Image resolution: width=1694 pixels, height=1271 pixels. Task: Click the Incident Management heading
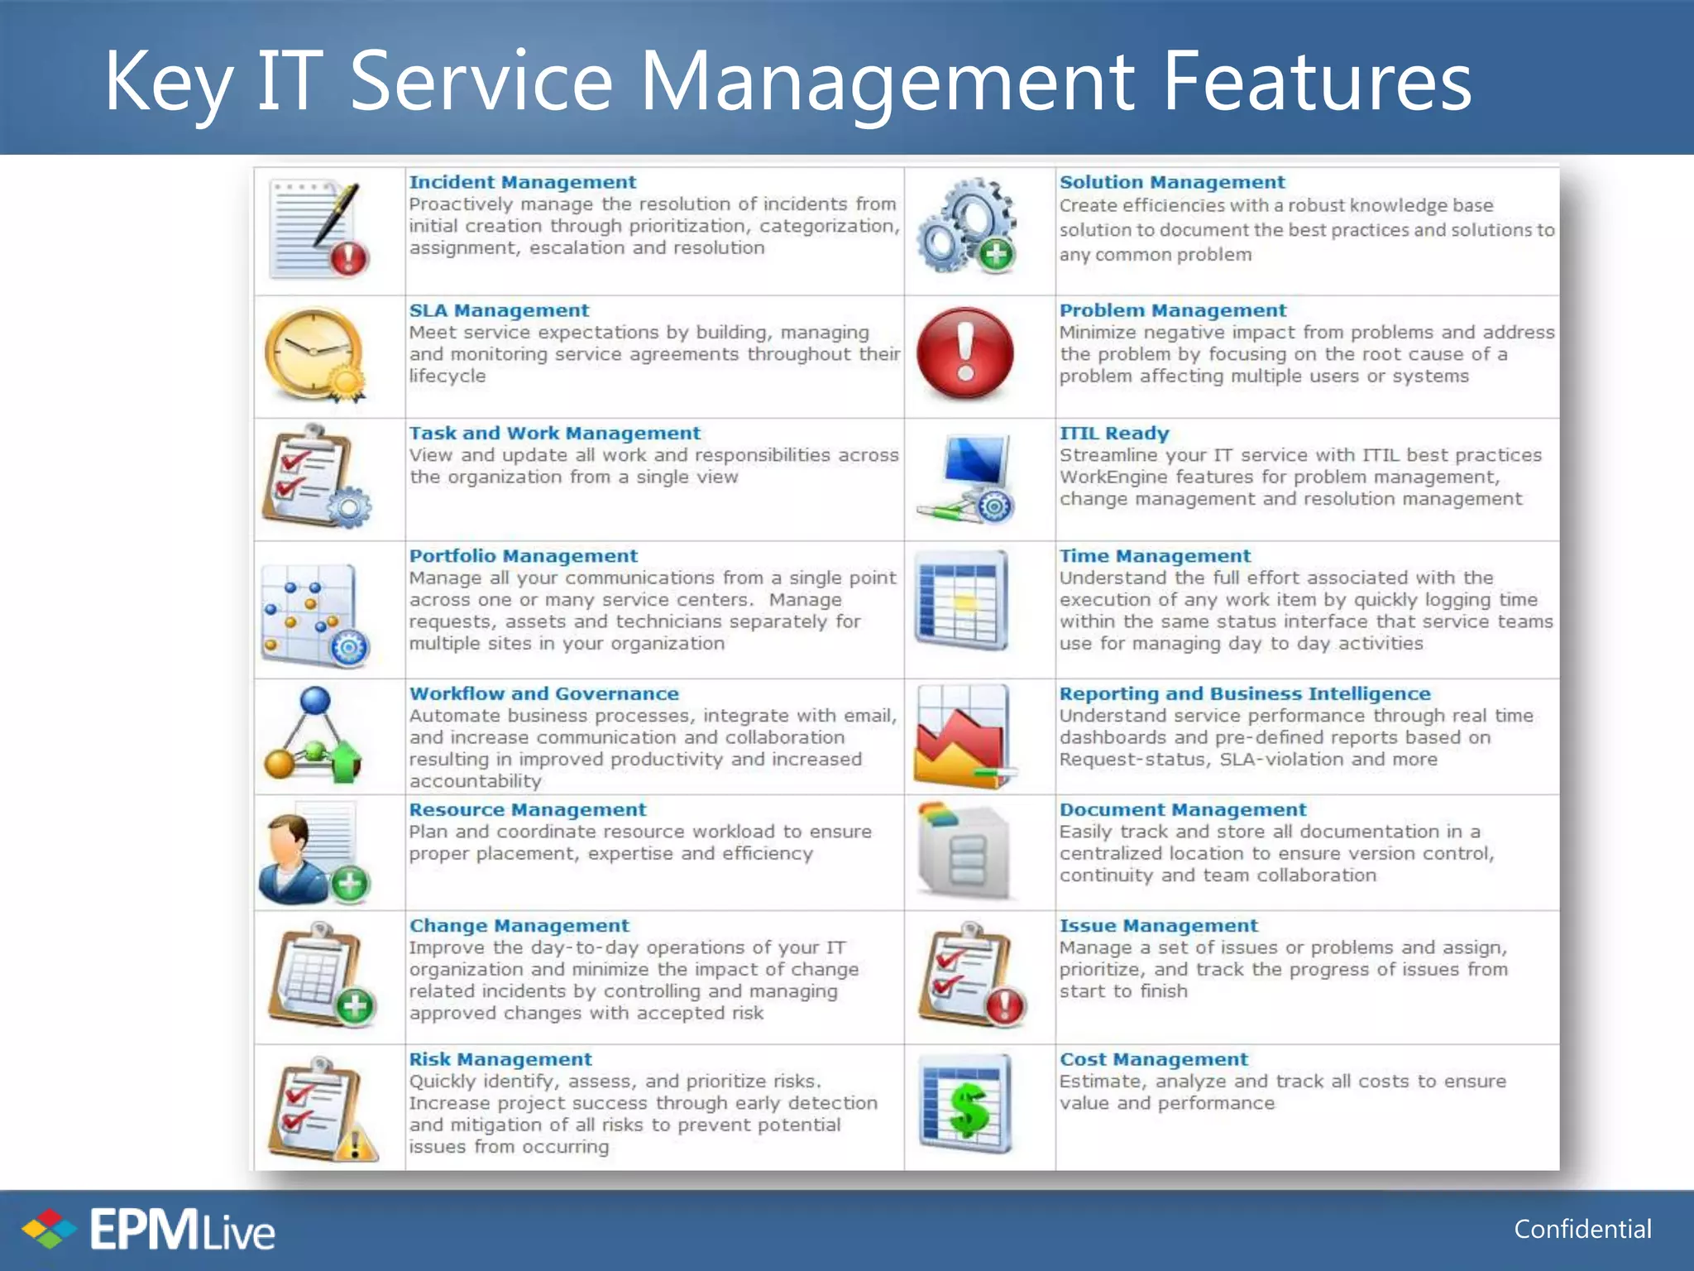coord(522,182)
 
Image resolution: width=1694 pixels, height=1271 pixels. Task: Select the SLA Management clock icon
coord(315,354)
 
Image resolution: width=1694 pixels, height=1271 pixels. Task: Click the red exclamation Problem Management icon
coord(965,353)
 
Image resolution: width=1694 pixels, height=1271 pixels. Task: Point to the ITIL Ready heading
coord(1114,434)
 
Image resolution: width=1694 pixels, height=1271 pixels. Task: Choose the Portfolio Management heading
coord(523,556)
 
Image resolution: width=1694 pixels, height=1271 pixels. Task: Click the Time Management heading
coord(1155,556)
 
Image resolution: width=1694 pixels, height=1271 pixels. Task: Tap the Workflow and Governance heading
coord(543,693)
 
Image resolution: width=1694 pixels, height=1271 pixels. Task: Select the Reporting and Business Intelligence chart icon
coord(964,736)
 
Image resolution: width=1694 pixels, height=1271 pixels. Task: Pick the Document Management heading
coord(1183,809)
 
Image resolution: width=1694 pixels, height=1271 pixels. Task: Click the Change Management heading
coord(519,925)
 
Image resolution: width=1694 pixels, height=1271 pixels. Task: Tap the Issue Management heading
coord(1158,925)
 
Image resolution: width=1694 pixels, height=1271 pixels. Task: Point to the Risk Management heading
coord(500,1059)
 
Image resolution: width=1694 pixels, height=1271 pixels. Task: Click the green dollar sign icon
coord(967,1106)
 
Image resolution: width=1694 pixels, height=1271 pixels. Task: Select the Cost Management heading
coord(1153,1059)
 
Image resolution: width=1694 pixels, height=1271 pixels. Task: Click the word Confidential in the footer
coord(1582,1230)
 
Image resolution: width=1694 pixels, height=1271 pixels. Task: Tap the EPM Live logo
coord(149,1230)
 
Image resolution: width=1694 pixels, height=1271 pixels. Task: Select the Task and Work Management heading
coord(554,434)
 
